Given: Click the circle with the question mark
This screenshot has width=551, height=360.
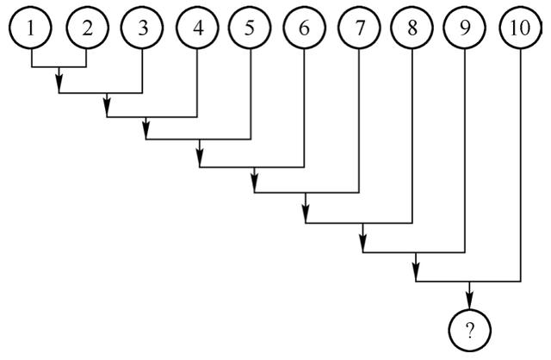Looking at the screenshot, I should pyautogui.click(x=469, y=329).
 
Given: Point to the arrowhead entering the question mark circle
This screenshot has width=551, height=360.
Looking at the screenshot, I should pyautogui.click(x=469, y=301).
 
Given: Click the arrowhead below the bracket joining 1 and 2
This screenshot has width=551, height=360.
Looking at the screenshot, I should pyautogui.click(x=59, y=86).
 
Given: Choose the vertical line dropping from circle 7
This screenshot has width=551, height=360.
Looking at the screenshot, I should pyautogui.click(x=359, y=121).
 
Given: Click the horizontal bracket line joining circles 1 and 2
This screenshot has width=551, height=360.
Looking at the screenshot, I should pyautogui.click(x=59, y=67).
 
